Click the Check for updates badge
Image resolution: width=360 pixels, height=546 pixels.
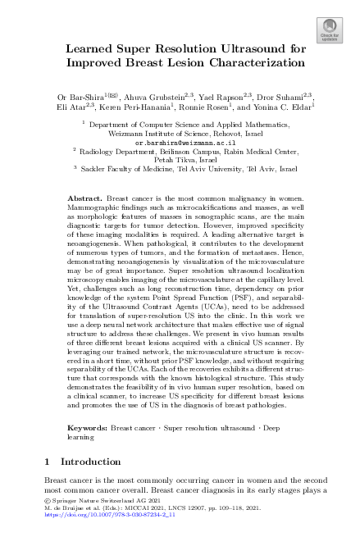[330, 30]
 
